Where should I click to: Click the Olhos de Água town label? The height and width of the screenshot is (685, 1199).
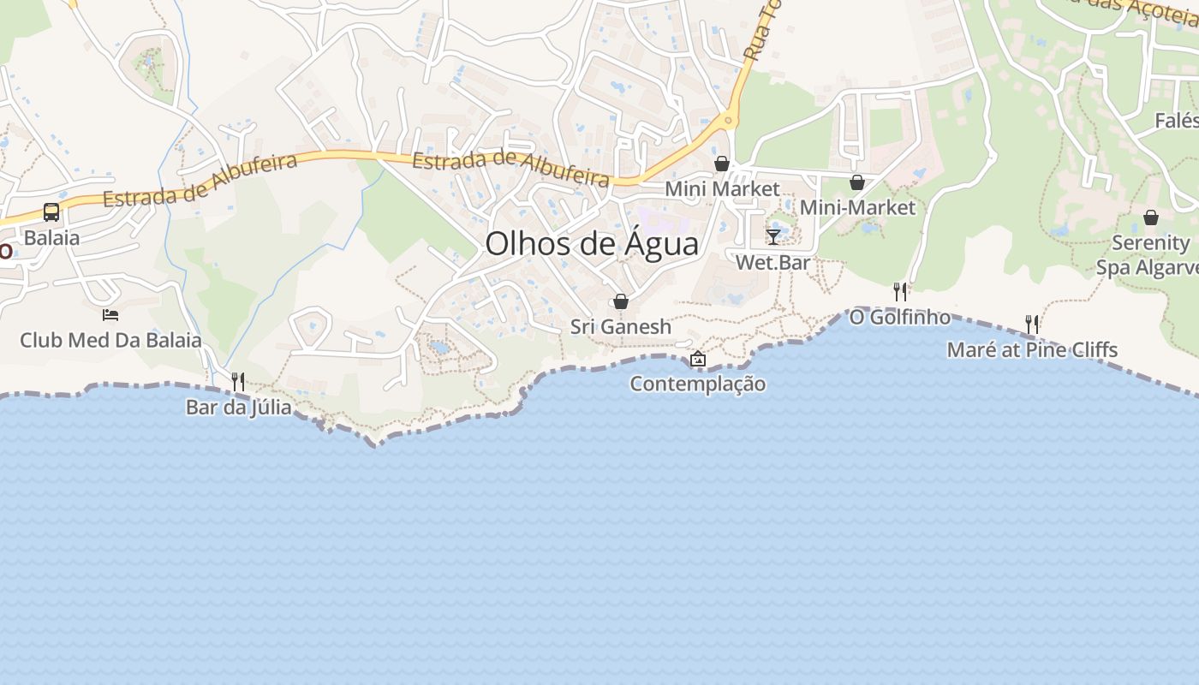tap(592, 244)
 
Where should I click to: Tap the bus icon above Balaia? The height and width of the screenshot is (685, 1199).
tap(51, 211)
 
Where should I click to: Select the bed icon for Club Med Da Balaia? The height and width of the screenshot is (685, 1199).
tap(110, 315)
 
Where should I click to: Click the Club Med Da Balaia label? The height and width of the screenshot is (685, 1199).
tap(110, 340)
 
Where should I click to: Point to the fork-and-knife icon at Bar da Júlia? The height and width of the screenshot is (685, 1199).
tap(238, 381)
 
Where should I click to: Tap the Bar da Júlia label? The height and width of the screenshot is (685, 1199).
tap(238, 408)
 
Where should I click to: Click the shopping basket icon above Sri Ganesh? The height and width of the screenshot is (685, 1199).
tap(621, 301)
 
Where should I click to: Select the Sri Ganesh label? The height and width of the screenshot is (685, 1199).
tap(621, 327)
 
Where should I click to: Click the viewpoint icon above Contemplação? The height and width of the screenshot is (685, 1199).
tap(698, 359)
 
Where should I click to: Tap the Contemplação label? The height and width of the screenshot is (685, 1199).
tap(698, 384)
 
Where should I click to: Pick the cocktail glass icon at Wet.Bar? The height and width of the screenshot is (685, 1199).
tap(773, 237)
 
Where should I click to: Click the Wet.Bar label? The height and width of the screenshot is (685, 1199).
tap(773, 263)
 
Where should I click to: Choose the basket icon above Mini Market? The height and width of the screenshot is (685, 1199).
tap(722, 164)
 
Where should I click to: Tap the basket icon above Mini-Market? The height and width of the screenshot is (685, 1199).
tap(857, 182)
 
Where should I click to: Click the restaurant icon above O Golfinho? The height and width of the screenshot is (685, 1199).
tap(899, 292)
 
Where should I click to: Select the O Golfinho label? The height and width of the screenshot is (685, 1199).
tap(899, 318)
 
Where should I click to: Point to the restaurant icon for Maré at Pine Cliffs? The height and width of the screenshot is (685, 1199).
tap(1032, 324)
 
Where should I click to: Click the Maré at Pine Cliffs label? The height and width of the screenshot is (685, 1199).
tap(1032, 349)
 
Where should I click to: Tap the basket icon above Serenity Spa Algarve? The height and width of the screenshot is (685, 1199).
tap(1151, 217)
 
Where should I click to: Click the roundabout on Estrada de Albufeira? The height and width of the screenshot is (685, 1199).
tap(729, 120)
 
